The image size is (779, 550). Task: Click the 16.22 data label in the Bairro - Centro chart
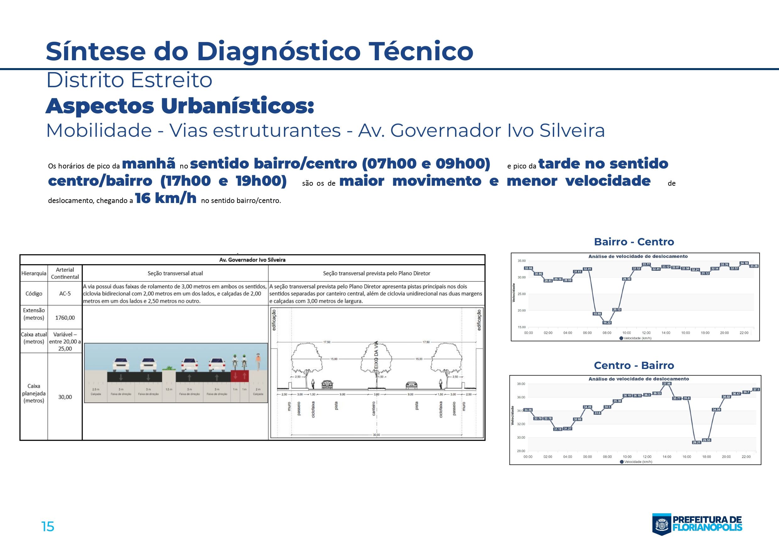[607, 322]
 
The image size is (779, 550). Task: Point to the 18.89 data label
[597, 313]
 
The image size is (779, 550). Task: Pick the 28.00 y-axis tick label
[521, 451]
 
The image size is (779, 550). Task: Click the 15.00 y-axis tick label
[521, 327]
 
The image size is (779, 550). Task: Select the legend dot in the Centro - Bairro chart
[621, 462]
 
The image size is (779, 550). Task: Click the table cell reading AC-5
[65, 293]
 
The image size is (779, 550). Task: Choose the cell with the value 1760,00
[65, 318]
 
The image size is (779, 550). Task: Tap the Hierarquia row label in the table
[34, 273]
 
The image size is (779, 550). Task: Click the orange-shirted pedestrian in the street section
[258, 361]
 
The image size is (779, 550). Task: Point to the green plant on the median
[169, 368]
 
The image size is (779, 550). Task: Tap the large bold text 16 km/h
[166, 198]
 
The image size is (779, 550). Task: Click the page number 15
[47, 526]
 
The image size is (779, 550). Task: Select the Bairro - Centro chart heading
[634, 242]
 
